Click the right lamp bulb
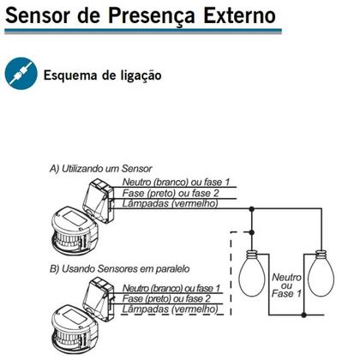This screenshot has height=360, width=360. point(321,273)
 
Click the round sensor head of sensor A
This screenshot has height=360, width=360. point(75,231)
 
